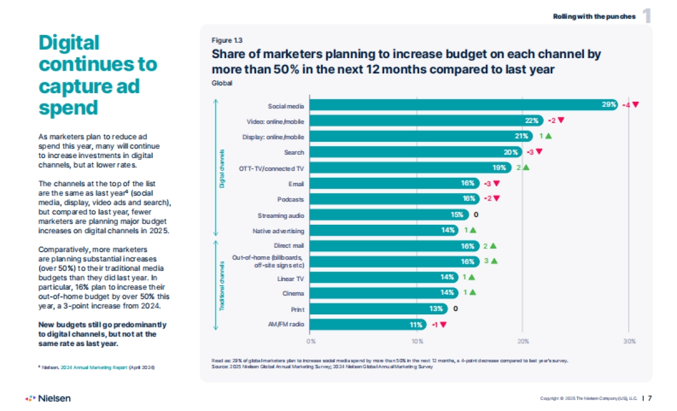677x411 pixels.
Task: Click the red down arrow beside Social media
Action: coord(635,105)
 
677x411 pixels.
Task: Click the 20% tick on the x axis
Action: coord(523,342)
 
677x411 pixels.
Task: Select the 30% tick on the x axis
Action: coord(629,342)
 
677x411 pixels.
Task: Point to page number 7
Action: coord(650,398)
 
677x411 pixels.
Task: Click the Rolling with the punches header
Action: coord(594,16)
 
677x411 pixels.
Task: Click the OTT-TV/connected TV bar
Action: coord(411,168)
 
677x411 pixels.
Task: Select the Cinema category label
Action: coord(293,293)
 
